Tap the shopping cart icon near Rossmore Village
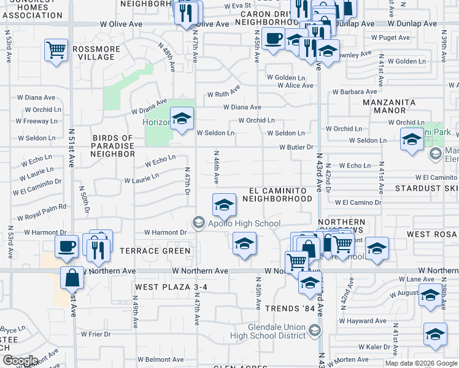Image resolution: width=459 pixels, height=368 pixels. pyautogui.click(x=56, y=50)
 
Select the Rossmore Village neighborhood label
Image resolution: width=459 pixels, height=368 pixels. pyautogui.click(x=93, y=53)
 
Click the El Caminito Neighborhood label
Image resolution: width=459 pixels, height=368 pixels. pyautogui.click(x=277, y=194)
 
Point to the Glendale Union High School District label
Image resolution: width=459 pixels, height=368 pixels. pyautogui.click(x=277, y=331)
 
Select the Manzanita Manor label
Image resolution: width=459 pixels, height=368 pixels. pyautogui.click(x=393, y=106)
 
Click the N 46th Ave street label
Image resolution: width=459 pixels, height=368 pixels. pyautogui.click(x=216, y=167)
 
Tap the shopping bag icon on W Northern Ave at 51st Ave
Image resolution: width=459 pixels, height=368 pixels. pyautogui.click(x=72, y=278)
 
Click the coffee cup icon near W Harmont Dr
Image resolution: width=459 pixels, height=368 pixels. pyautogui.click(x=66, y=247)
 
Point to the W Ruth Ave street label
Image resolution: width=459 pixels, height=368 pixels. pyautogui.click(x=223, y=94)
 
